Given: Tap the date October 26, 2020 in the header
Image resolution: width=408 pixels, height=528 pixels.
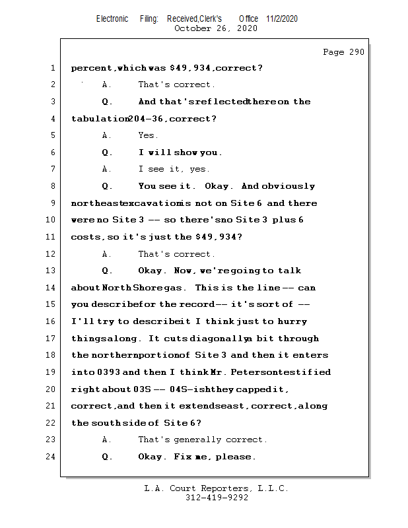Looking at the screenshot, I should pos(216,28).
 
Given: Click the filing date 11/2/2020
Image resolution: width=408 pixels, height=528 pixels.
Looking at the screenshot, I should pos(282,18).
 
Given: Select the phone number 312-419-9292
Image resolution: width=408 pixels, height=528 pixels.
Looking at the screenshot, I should pos(217,498).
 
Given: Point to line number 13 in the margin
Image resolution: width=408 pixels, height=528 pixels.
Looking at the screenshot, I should pos(52,271).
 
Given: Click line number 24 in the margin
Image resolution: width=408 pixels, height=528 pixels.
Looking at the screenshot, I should pos(52,457).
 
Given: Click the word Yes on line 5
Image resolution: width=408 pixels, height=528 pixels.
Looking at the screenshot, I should pos(147,135).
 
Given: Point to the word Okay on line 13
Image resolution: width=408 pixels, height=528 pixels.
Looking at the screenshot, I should pos(153,271).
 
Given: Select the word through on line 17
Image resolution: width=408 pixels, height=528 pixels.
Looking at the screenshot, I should pos(298,339).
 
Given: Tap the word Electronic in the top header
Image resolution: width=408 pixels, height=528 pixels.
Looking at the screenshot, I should pos(112,18).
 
